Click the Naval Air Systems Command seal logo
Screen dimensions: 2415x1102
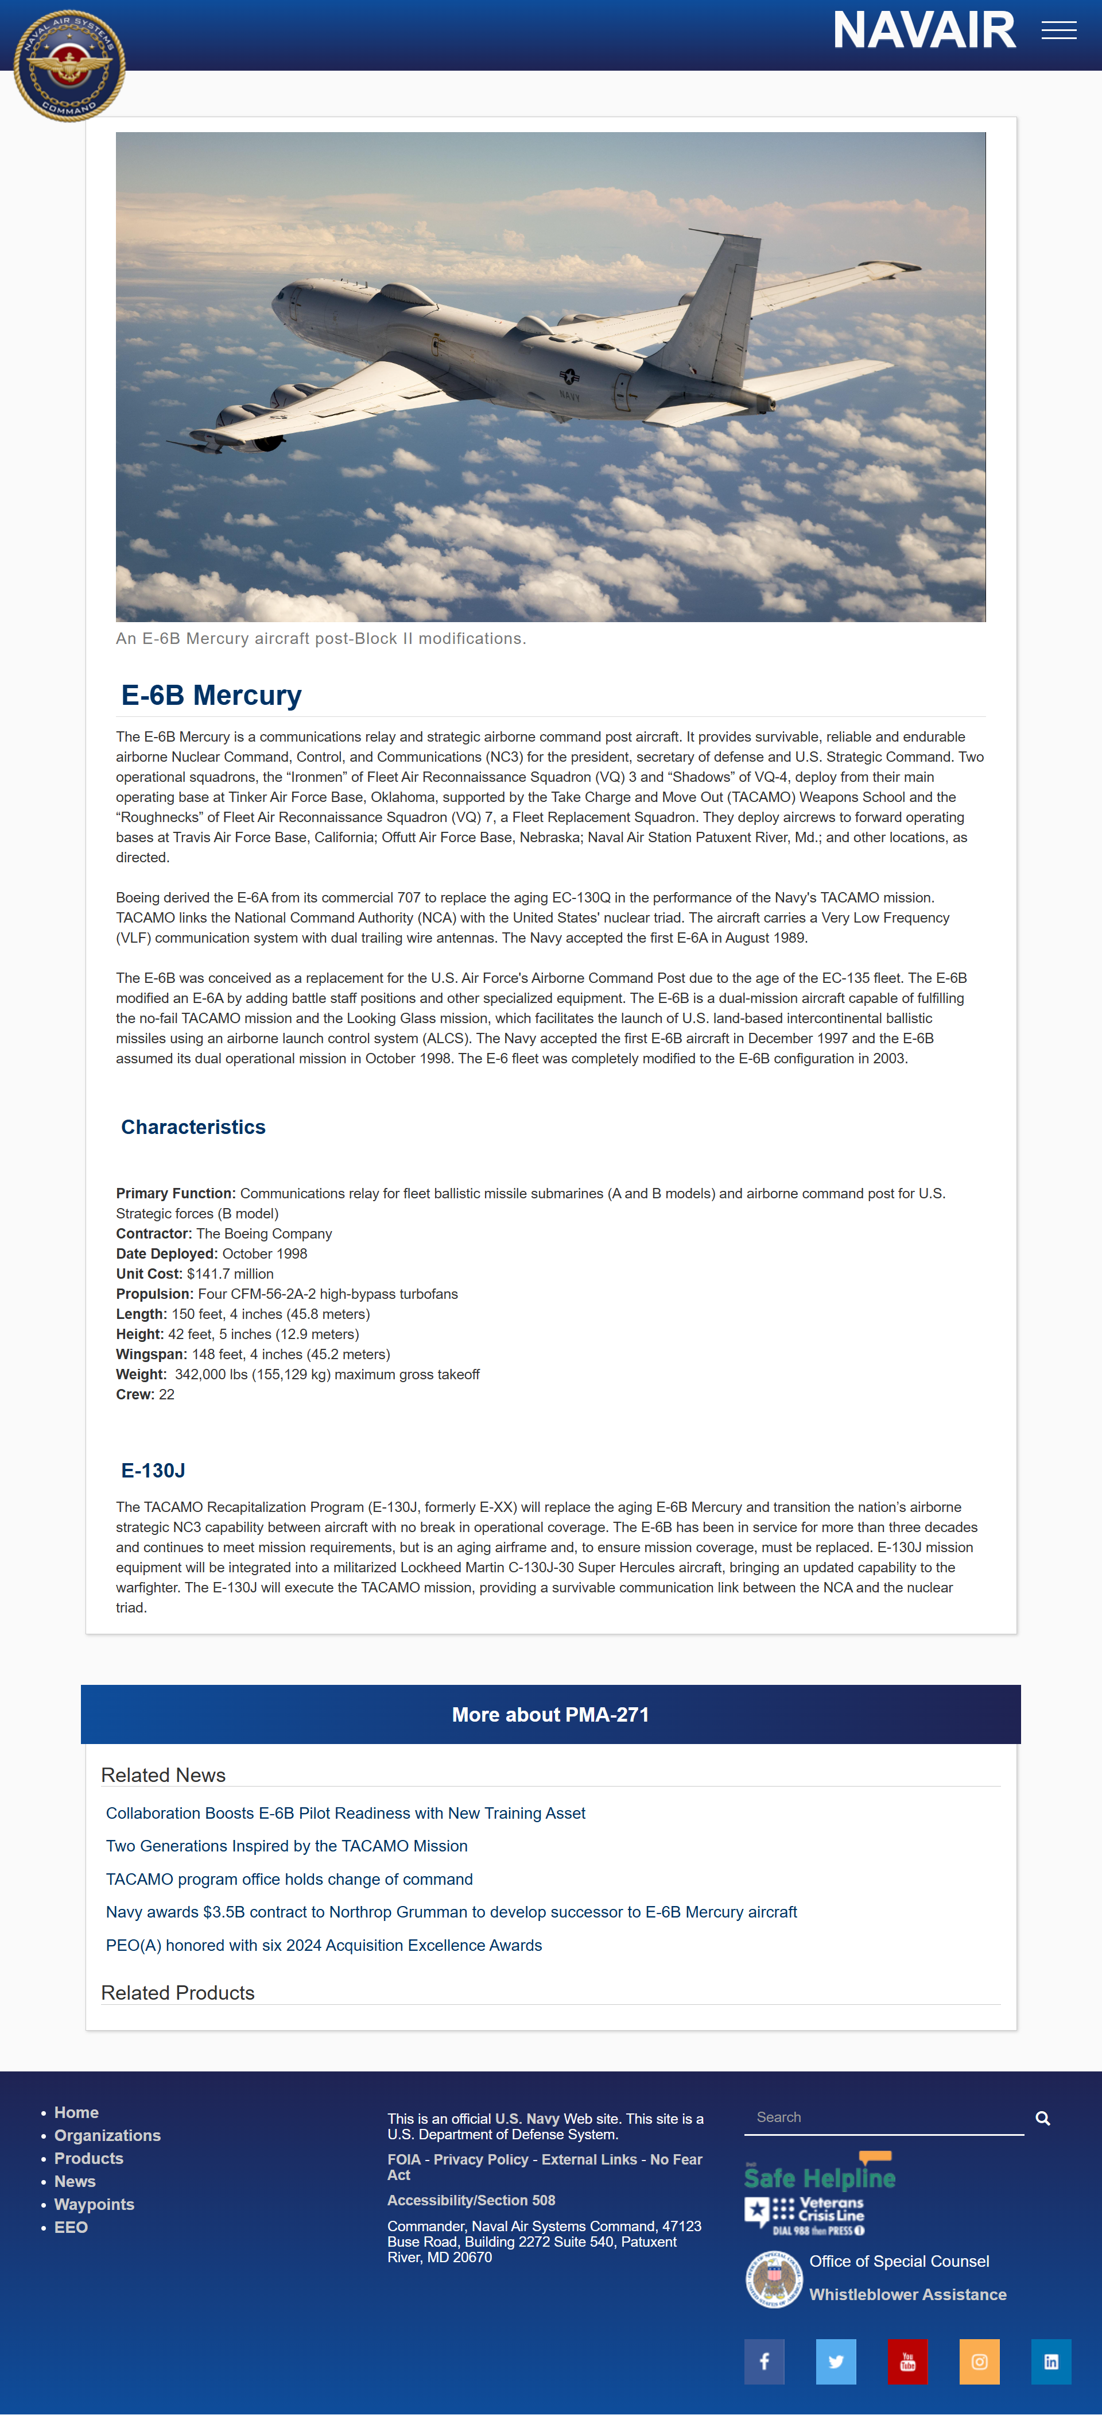point(69,65)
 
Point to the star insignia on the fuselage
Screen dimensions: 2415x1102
point(569,376)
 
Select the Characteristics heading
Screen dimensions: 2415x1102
point(193,1127)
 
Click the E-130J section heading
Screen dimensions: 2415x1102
point(153,1470)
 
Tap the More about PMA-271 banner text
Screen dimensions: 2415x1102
point(550,1715)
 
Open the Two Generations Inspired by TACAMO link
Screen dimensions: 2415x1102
point(287,1846)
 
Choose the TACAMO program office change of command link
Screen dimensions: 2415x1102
point(289,1879)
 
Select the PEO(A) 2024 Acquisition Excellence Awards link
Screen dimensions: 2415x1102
point(323,1945)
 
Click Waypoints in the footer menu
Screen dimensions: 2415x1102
point(94,2204)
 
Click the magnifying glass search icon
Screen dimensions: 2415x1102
point(1042,2119)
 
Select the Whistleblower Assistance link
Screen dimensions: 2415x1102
point(907,2294)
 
